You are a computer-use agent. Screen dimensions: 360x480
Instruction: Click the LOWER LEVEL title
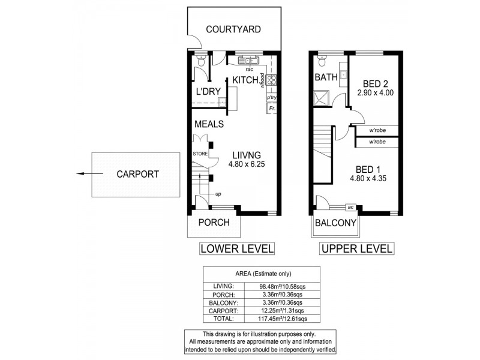point(236,248)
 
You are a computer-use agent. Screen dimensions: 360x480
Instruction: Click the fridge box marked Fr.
point(272,109)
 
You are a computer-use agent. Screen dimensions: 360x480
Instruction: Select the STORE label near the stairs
point(200,154)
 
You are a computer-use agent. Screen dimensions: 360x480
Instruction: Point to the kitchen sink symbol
point(248,60)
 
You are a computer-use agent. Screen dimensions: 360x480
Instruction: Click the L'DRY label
point(209,92)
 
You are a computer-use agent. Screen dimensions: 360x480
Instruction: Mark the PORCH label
point(214,223)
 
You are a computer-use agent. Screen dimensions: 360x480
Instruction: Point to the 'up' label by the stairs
point(220,194)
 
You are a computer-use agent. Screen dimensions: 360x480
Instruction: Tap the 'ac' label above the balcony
point(350,207)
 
